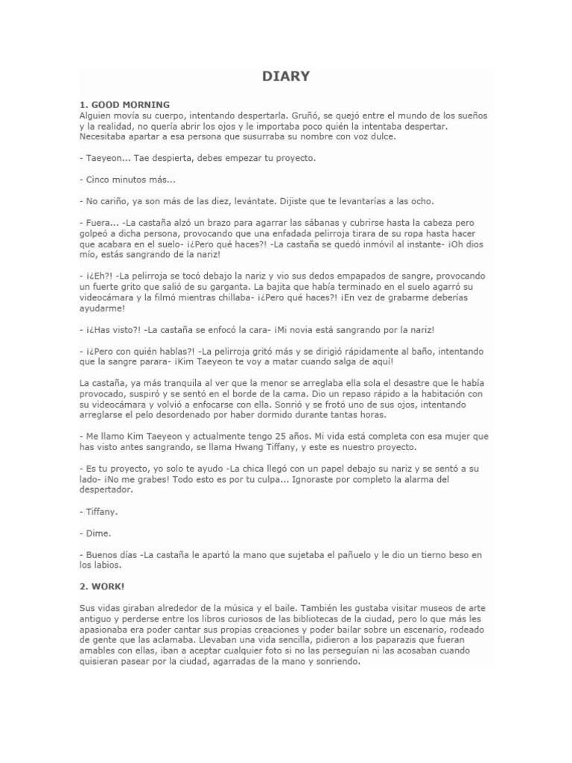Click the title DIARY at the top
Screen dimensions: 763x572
[x=285, y=76]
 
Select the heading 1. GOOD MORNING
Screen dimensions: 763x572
[x=124, y=104]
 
